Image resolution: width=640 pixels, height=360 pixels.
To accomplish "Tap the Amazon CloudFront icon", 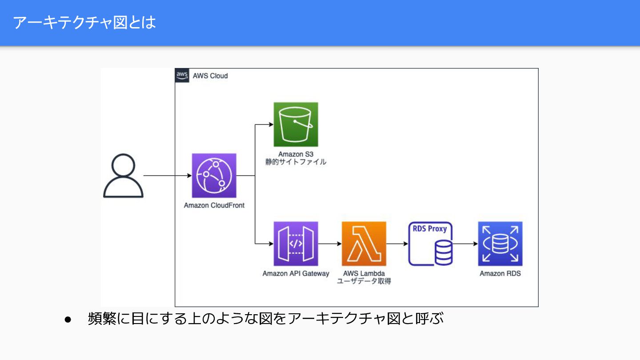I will tap(214, 176).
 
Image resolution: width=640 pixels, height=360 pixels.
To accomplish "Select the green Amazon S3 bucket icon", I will tap(296, 124).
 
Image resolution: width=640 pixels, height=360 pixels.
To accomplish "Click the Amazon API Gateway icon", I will tap(296, 244).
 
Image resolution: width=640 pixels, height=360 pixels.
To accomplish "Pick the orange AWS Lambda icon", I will tap(364, 244).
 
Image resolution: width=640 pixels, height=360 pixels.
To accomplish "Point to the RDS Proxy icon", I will tap(430, 244).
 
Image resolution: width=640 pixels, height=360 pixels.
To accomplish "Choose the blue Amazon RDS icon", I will tap(500, 244).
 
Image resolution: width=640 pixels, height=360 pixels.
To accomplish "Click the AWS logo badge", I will tap(182, 75).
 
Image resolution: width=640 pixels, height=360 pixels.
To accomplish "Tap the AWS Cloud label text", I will tap(210, 76).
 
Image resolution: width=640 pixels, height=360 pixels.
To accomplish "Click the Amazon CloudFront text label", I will tap(214, 206).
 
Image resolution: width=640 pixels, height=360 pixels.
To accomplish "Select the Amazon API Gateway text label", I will tap(296, 274).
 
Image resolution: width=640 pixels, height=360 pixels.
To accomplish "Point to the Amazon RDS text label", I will tap(500, 274).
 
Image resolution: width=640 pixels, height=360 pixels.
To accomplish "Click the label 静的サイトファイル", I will tap(296, 162).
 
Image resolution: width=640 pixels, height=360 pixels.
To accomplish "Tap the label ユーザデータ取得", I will tap(364, 281).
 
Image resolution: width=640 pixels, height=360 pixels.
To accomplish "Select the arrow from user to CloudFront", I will tap(167, 176).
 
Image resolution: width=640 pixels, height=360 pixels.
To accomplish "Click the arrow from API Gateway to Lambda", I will tap(330, 244).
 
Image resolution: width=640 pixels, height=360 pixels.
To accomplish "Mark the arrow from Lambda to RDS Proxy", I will tap(397, 244).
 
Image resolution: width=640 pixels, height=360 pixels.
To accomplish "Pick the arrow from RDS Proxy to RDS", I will tap(465, 244).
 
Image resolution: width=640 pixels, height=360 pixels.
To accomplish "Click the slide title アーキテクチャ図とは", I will tap(84, 22).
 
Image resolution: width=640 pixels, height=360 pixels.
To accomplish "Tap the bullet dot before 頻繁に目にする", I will tap(68, 320).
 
